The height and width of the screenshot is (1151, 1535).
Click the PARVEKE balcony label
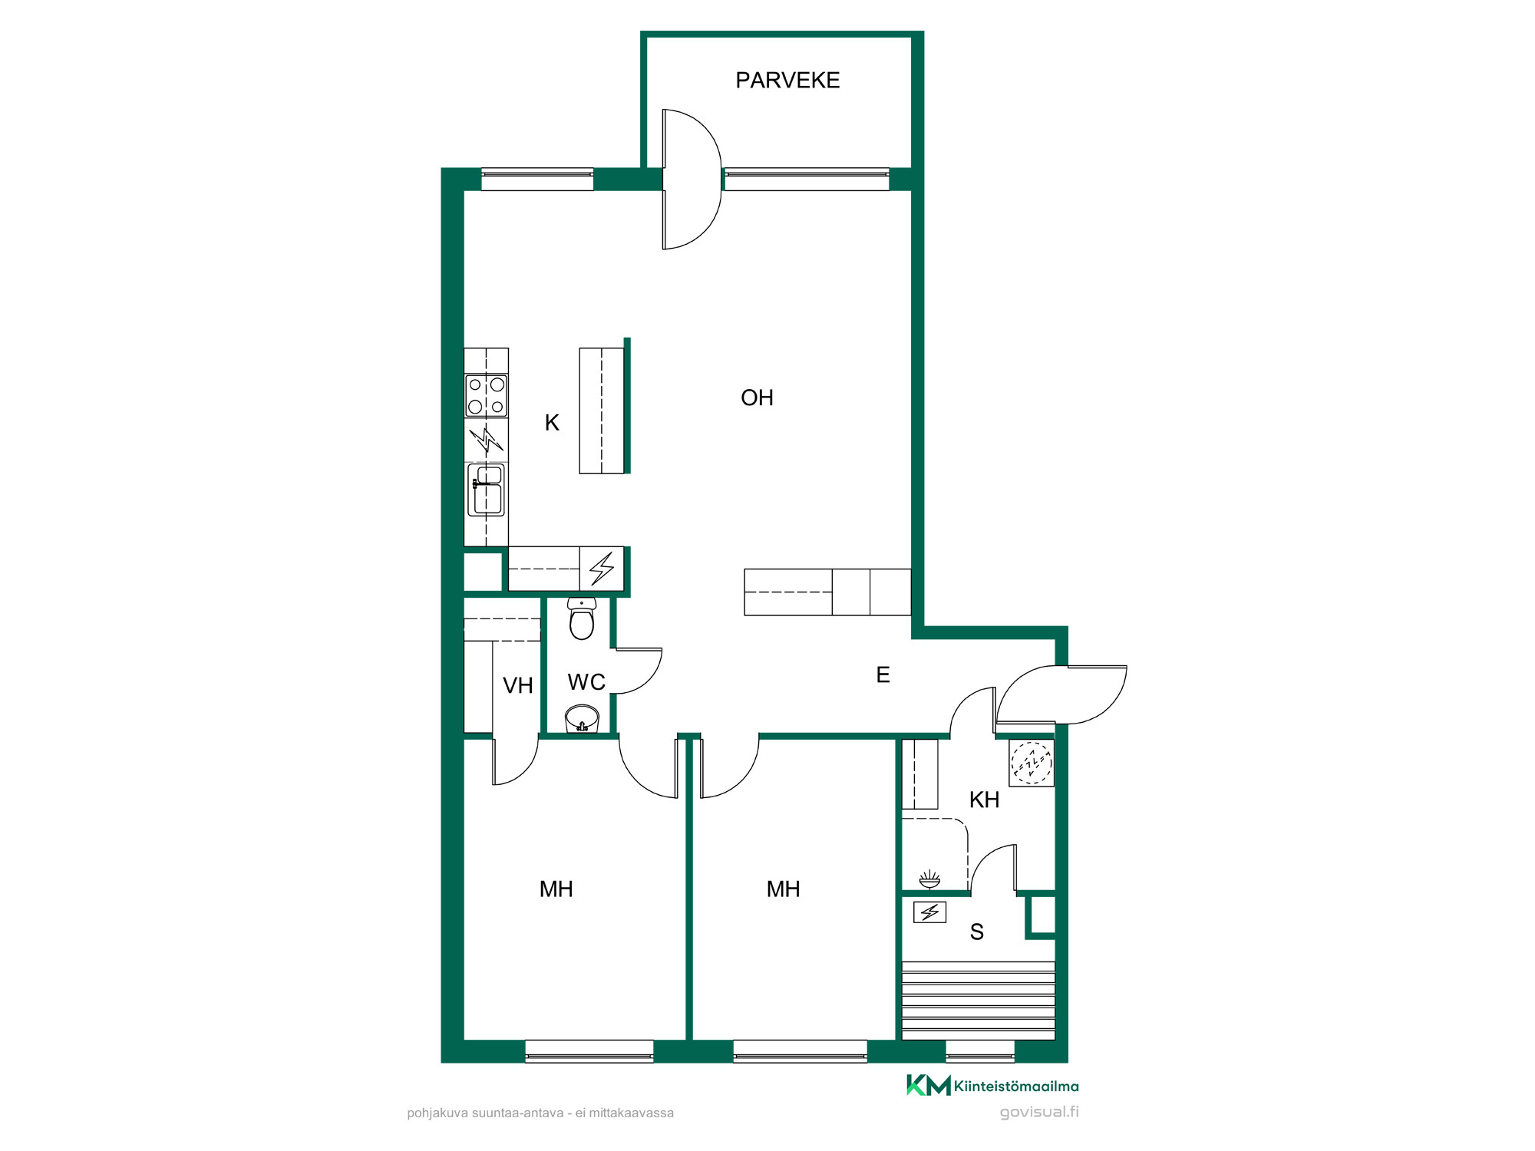tap(787, 81)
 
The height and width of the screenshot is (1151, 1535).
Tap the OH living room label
tap(757, 397)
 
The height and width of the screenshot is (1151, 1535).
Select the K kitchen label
tap(552, 423)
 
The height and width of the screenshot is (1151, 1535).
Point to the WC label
tap(586, 682)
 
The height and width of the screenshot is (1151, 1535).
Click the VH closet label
tap(518, 685)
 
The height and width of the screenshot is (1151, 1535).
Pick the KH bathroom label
tap(984, 800)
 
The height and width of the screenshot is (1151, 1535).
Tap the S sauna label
tap(977, 932)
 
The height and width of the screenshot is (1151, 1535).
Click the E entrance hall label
tap(883, 674)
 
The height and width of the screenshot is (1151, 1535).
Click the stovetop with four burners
tap(486, 395)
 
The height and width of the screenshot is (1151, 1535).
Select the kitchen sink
tap(486, 490)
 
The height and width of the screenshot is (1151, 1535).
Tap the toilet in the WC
tap(582, 618)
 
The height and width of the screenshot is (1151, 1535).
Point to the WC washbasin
tap(582, 720)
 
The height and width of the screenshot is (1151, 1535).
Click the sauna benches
tap(979, 1001)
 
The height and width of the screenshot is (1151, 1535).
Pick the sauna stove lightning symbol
tap(929, 912)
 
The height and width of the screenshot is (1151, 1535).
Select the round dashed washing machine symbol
tap(1032, 763)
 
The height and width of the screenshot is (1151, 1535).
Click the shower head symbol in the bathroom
tap(929, 879)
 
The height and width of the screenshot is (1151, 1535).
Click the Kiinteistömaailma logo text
tap(1016, 1086)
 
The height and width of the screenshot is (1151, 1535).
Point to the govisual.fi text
tap(1039, 1112)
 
